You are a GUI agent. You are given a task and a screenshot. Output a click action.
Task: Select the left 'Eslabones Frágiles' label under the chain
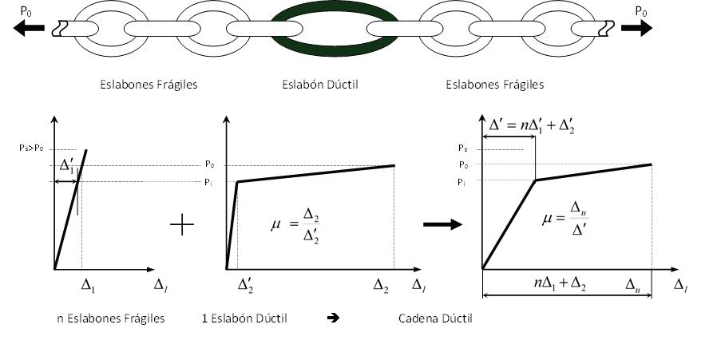[x=149, y=84]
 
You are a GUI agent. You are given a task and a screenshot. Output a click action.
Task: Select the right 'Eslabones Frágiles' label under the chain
[x=494, y=84]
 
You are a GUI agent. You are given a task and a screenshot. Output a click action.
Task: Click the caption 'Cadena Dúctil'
[x=435, y=318]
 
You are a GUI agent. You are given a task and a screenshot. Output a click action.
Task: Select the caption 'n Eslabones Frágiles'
[x=111, y=318]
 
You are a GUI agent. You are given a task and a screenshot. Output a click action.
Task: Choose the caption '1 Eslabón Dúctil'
[x=244, y=318]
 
